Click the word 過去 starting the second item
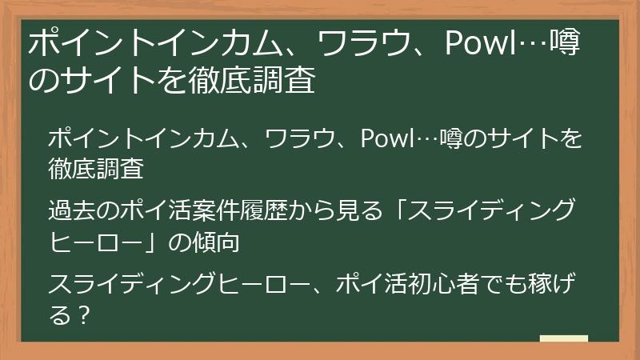71,212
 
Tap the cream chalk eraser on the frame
564,339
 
